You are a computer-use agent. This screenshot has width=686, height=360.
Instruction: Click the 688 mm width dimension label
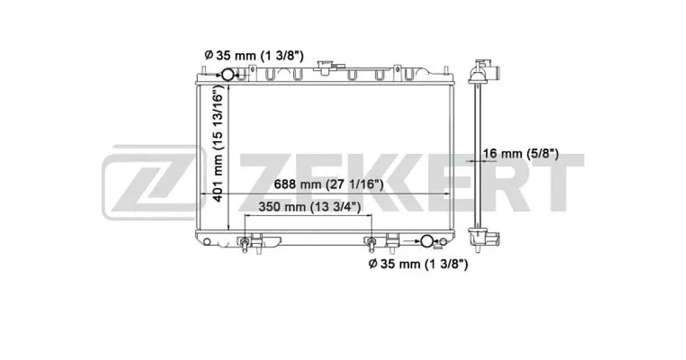pos(328,184)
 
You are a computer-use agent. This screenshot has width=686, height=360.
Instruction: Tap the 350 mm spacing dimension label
pos(310,207)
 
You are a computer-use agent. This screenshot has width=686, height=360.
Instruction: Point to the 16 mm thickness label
pos(521,153)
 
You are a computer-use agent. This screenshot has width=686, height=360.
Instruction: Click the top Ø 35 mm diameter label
pos(254,56)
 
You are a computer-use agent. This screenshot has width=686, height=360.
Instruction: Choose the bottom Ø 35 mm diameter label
pos(418,264)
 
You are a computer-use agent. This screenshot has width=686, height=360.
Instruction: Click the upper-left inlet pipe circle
pos(228,75)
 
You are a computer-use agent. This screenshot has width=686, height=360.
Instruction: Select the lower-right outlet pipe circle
pos(426,241)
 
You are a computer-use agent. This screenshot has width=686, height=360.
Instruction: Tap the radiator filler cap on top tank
pos(325,68)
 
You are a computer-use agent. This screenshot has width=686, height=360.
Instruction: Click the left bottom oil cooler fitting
pos(245,243)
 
